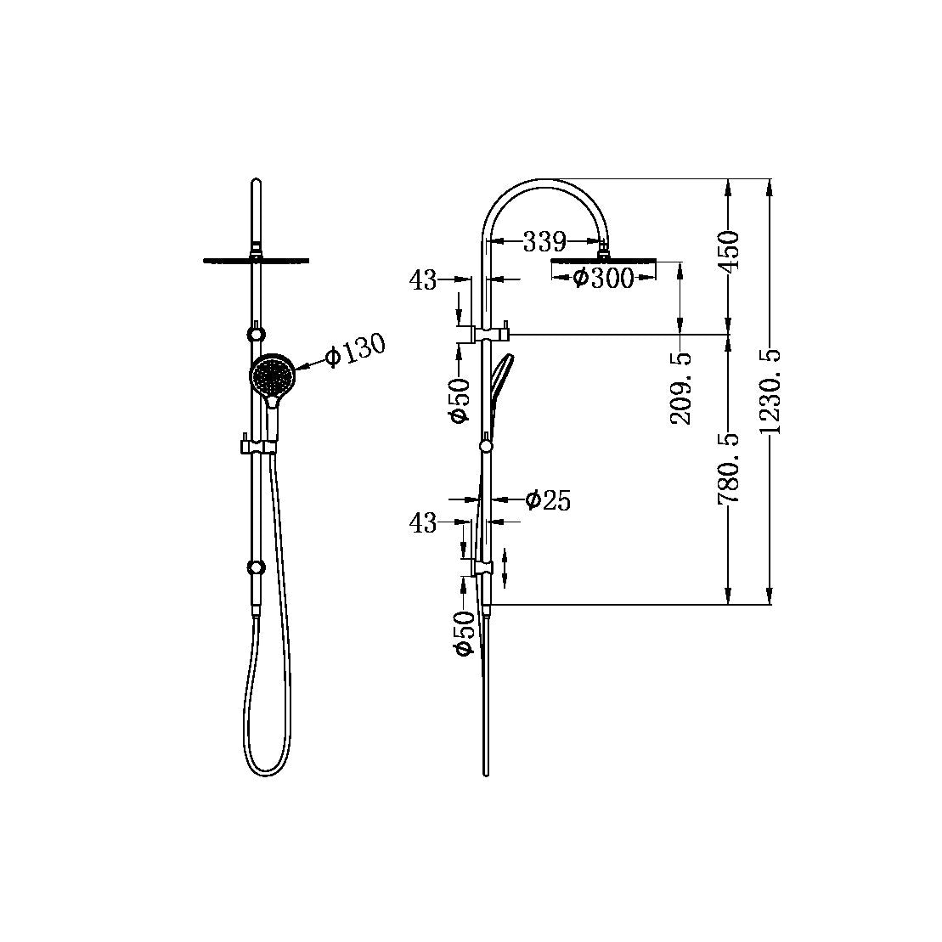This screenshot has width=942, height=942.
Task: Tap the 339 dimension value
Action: click(544, 242)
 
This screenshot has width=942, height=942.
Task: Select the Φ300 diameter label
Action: click(603, 277)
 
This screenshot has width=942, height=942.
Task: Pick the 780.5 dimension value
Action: click(729, 468)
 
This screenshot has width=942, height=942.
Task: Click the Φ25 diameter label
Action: click(548, 500)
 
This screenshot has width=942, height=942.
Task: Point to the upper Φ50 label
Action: click(460, 400)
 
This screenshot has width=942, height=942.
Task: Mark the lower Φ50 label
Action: click(464, 634)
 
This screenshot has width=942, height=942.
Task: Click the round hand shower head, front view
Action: click(272, 374)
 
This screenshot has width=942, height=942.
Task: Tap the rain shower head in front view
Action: click(256, 259)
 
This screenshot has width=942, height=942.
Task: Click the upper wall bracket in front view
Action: click(254, 332)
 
